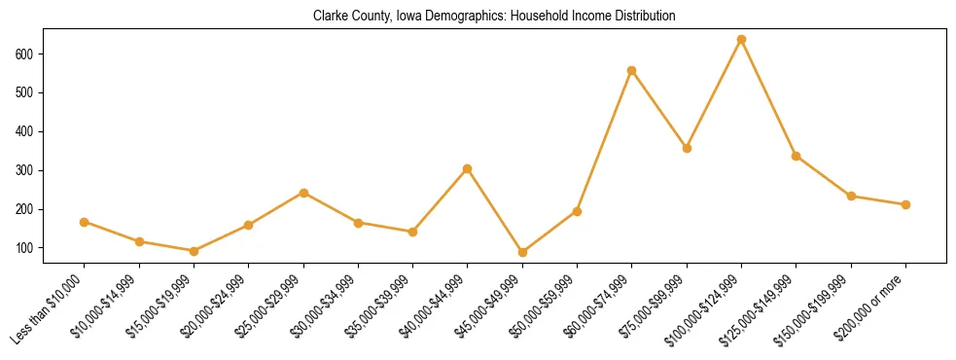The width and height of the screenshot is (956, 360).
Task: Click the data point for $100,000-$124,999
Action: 741,39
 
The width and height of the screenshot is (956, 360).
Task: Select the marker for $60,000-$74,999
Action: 632,70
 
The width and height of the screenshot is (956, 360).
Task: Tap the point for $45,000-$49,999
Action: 522,252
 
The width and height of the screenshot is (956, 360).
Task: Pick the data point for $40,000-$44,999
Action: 468,168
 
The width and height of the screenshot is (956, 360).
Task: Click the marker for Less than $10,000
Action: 85,222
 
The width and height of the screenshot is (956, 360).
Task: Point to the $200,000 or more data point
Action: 905,204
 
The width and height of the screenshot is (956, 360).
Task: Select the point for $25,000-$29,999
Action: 303,193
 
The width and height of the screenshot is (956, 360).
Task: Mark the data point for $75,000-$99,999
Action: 687,148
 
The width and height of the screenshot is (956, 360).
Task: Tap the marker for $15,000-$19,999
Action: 194,251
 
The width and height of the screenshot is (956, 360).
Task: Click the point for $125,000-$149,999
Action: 797,156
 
